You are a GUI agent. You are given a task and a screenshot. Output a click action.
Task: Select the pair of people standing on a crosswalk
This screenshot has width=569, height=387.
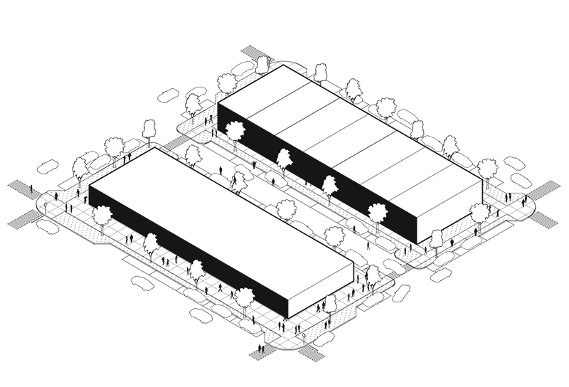(x=260, y=349)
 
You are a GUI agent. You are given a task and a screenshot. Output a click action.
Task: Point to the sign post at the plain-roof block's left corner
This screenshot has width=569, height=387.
(x=46, y=207)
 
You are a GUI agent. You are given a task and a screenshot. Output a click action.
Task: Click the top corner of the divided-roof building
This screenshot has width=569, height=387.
(x=286, y=65)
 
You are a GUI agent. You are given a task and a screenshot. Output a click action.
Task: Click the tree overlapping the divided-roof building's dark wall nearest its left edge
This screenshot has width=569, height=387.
(x=234, y=131)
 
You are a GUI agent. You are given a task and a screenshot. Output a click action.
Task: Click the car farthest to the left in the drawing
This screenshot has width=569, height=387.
(x=48, y=166)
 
